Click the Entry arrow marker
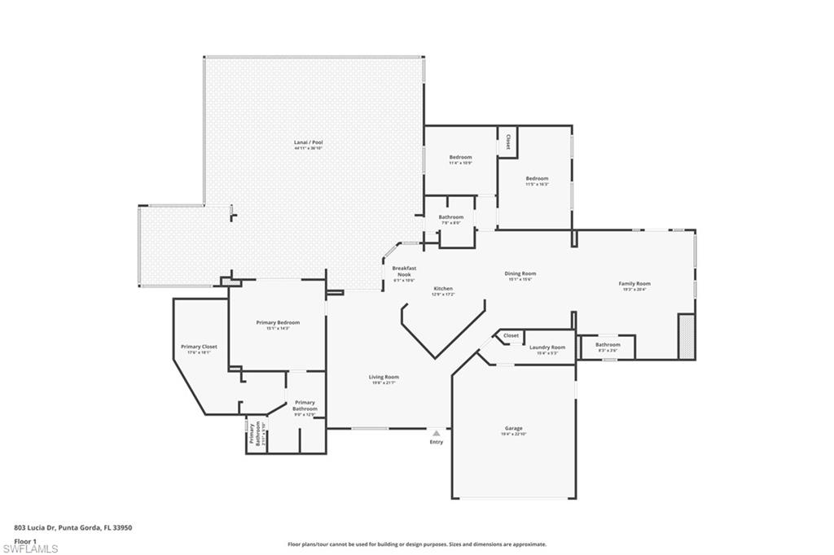click(437, 433)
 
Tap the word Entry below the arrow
click(437, 442)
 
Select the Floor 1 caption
click(26, 540)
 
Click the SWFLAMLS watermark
click(30, 549)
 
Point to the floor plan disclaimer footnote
click(416, 544)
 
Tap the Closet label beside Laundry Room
click(511, 335)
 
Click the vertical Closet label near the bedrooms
click(508, 142)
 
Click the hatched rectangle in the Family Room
click(687, 336)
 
